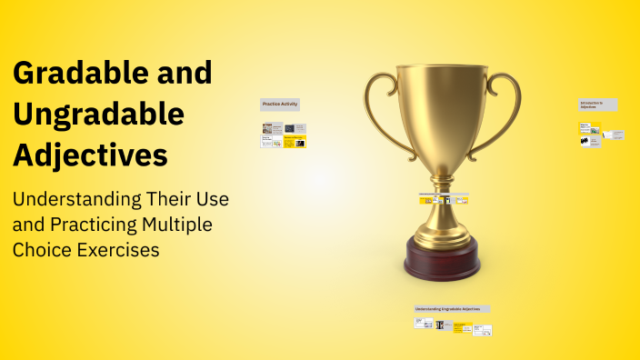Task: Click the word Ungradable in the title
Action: point(98,115)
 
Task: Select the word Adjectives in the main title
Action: point(90,155)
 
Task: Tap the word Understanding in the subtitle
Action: point(76,199)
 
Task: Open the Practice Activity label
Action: point(280,105)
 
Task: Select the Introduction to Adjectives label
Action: point(597,105)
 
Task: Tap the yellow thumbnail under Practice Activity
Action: point(295,142)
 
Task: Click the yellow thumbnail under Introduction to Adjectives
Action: point(590,131)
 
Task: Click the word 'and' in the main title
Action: point(179,73)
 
